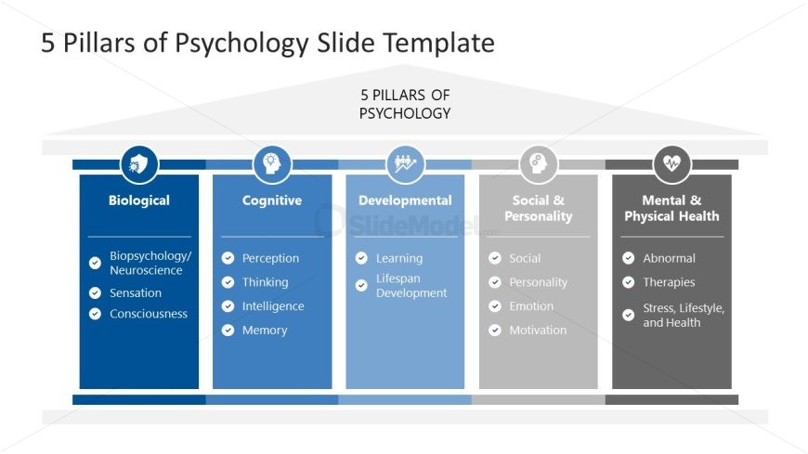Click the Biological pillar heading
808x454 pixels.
coord(139,201)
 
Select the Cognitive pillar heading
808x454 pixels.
coord(272,201)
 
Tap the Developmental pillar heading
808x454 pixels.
coord(405,201)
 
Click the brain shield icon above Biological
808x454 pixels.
coord(139,164)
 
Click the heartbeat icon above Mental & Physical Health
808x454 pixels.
coord(671,164)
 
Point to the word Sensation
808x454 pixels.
coord(136,292)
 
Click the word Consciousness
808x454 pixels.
coord(149,314)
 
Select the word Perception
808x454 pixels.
coord(270,258)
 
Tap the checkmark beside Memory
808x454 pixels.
coord(228,331)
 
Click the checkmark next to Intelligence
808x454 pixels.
coord(228,306)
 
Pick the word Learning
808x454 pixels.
coord(399,258)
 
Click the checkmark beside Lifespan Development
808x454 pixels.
coord(361,286)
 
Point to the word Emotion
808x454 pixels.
coord(531,306)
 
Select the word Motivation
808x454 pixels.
coord(538,331)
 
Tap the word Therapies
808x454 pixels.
coord(669,282)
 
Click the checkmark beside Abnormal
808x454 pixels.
coord(629,258)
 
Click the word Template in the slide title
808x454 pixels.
coord(437,43)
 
